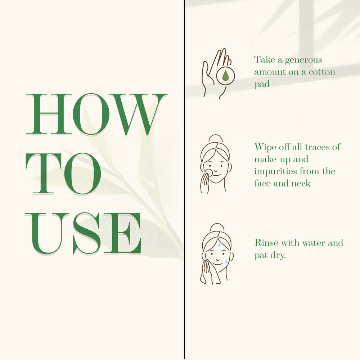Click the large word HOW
coord(96,114)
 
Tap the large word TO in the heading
coord(63,174)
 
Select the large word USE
coord(83,234)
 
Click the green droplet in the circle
coord(225,76)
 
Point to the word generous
coord(303,60)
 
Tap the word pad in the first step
coord(262,84)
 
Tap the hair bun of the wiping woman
coord(216,139)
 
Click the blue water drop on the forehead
coord(219,245)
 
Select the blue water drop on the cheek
coord(226,261)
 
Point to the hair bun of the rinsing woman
coord(217,227)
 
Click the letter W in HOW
coord(138,114)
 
